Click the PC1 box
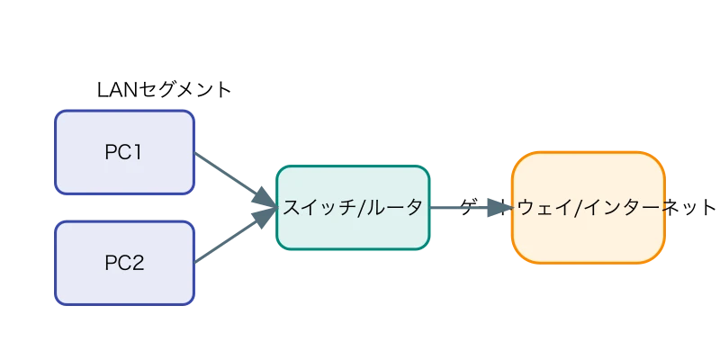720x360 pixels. [x=124, y=152]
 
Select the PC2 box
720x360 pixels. [x=124, y=264]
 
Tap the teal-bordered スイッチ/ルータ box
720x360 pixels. [x=352, y=208]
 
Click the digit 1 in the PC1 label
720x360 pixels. [x=138, y=152]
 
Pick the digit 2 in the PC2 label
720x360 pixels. [x=138, y=264]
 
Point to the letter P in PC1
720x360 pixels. [x=110, y=152]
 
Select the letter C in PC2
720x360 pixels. [x=123, y=264]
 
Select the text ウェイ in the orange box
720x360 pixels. [x=545, y=208]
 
